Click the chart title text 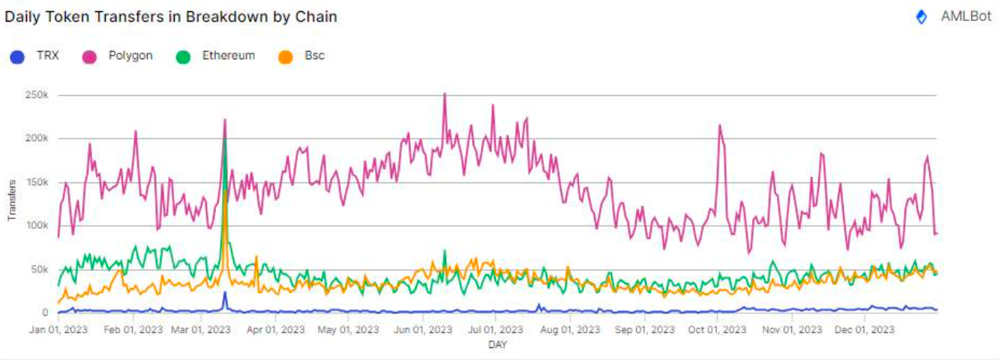171,16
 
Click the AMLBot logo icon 922,17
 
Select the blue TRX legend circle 18,56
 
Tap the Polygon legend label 130,55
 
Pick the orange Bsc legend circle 285,56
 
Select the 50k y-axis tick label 40,269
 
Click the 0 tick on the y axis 46,313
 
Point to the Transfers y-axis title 12,201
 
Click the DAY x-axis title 497,345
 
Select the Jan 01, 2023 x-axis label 58,328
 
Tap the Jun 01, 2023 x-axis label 424,328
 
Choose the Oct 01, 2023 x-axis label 718,328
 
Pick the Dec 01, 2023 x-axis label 865,328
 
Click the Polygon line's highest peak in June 445,94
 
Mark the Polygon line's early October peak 720,125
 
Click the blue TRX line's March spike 224,292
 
